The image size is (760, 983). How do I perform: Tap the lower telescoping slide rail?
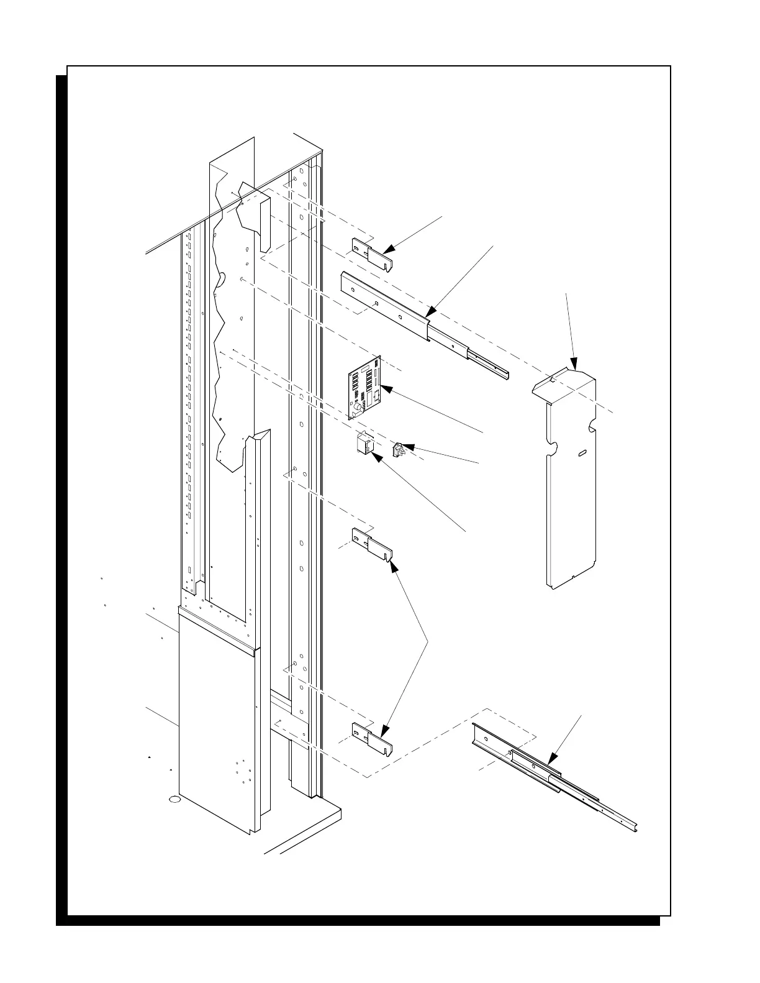546,770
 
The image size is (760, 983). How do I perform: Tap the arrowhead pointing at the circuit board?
383,389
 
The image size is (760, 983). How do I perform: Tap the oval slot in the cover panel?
584,455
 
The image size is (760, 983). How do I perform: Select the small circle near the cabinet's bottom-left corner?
174,799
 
